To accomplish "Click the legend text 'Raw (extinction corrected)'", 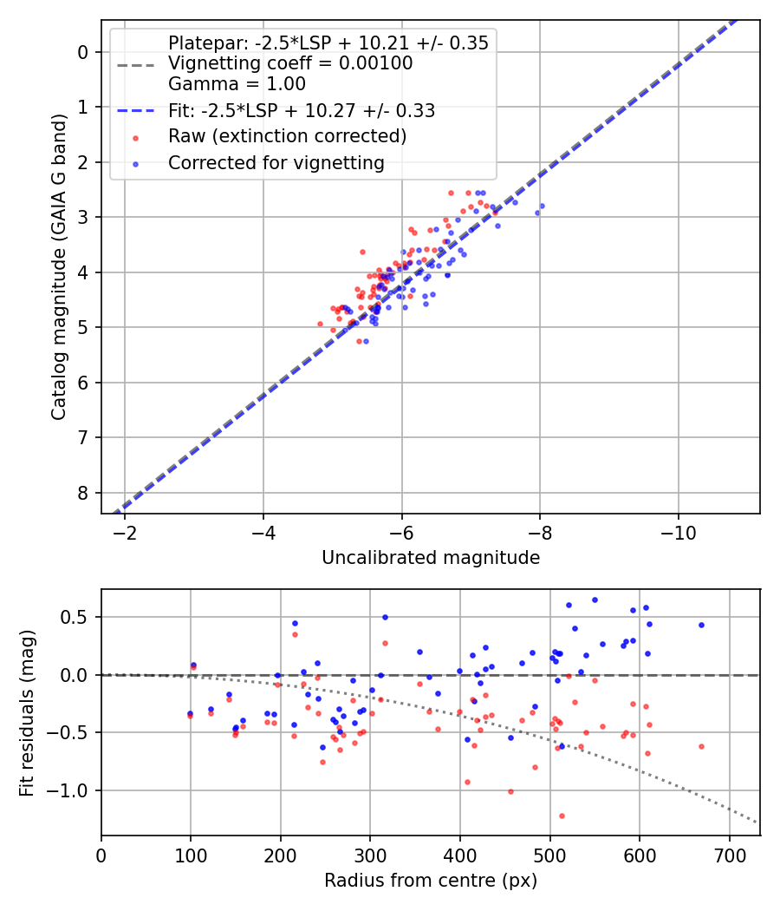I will click(x=287, y=136).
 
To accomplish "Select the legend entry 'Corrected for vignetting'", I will click(x=276, y=162).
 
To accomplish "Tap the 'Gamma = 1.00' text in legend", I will click(x=237, y=84).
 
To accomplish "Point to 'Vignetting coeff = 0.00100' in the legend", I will click(x=290, y=63).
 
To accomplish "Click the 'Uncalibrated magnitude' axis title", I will click(x=431, y=558).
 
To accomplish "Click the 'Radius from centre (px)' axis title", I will click(x=431, y=881).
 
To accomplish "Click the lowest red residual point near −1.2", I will click(x=562, y=816).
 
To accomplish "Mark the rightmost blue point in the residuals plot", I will click(x=701, y=625).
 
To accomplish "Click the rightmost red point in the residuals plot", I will click(x=701, y=746).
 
